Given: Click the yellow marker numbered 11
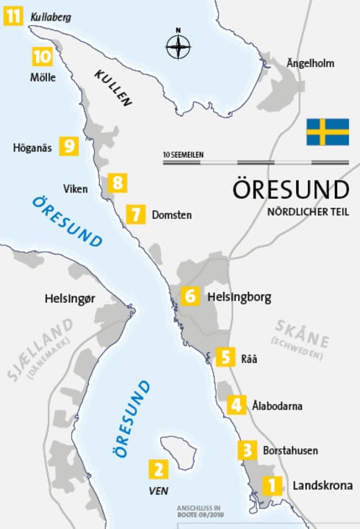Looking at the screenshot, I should pos(13,15).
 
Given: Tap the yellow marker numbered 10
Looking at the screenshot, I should pos(42,56).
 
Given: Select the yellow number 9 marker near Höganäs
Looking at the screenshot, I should pos(70,146).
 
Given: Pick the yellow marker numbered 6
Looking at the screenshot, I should pos(190,296).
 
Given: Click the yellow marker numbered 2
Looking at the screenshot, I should pos(158,469).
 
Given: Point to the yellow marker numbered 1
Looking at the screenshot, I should pos(272,485).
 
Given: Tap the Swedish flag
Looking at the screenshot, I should pos(328,132).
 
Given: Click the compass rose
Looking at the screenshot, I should pos(178,46).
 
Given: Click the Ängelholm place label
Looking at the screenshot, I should pos(310,64).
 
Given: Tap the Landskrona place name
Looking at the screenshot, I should pos(322,486).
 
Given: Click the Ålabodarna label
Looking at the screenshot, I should pos(276,406).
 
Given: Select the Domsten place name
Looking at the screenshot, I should pos(171,215).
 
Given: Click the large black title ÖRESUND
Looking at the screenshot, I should pos(290,190).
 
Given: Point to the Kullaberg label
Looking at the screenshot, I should pos(51,15).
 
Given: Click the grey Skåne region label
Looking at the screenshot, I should pos(301,331).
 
